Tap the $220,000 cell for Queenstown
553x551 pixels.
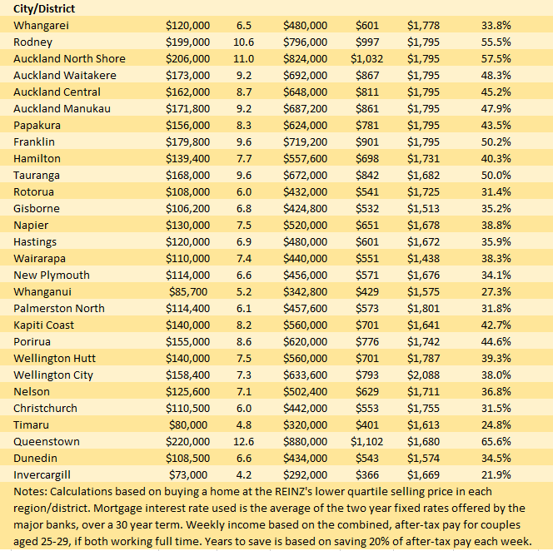tap(188, 442)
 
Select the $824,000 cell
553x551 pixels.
tap(305, 59)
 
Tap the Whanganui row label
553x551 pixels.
tap(42, 292)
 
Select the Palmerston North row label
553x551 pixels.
tap(59, 309)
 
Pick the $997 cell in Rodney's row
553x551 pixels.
tap(367, 42)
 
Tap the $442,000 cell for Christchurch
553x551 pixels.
tap(305, 409)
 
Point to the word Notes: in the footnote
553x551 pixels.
tap(30, 492)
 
